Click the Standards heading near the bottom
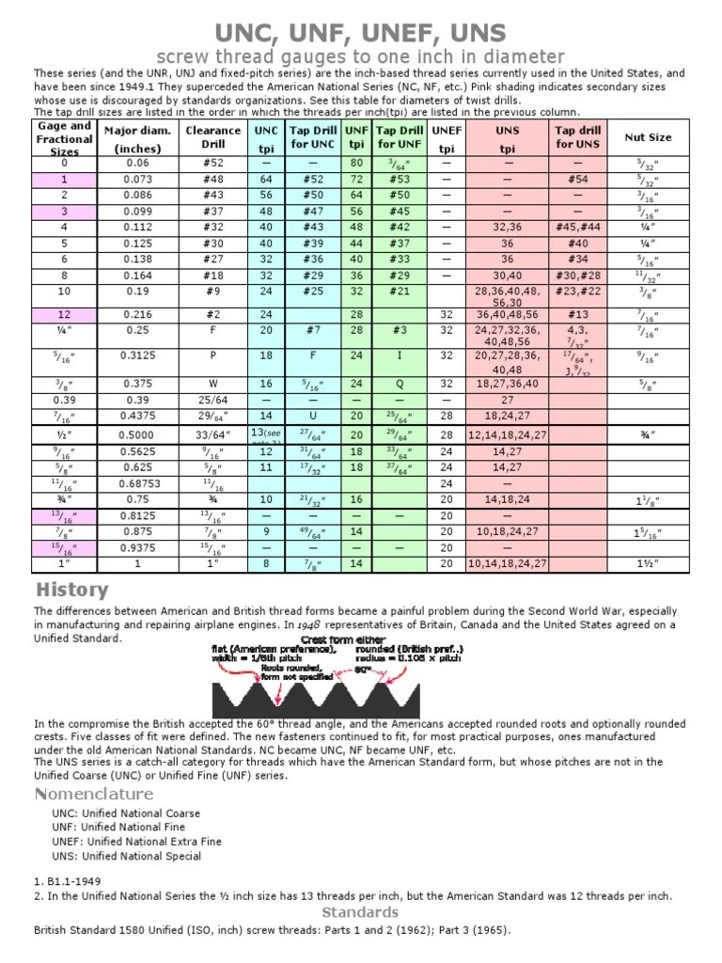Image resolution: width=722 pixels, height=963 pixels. pyautogui.click(x=360, y=912)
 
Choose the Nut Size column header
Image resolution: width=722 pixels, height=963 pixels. pyautogui.click(x=648, y=137)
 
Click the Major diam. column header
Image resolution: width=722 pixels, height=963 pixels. pyautogui.click(x=137, y=138)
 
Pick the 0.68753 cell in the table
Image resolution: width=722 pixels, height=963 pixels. pyautogui.click(x=137, y=483)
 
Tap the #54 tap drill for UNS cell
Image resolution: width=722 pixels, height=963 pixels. pyautogui.click(x=578, y=179)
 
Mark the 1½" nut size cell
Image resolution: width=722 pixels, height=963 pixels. pyautogui.click(x=648, y=563)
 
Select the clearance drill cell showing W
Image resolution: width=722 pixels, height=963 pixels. pyautogui.click(x=213, y=384)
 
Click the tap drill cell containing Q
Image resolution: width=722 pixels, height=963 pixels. pyautogui.click(x=400, y=384)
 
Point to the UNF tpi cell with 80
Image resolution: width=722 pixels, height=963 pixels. pyautogui.click(x=356, y=163)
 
